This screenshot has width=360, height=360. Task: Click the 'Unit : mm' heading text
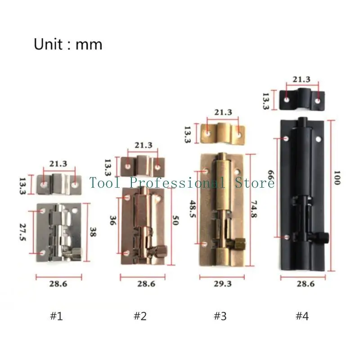click(68, 44)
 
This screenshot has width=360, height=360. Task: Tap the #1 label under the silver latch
click(57, 316)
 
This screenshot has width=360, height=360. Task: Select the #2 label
click(140, 316)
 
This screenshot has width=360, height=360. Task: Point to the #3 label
click(220, 316)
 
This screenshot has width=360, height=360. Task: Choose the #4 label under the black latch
click(302, 316)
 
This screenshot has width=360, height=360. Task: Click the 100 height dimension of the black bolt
click(337, 178)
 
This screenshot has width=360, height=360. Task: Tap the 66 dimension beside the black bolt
click(271, 175)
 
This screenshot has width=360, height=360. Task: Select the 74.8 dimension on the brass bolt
click(254, 209)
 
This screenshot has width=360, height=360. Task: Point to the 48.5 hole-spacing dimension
click(193, 209)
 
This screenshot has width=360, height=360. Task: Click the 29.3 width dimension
click(223, 284)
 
